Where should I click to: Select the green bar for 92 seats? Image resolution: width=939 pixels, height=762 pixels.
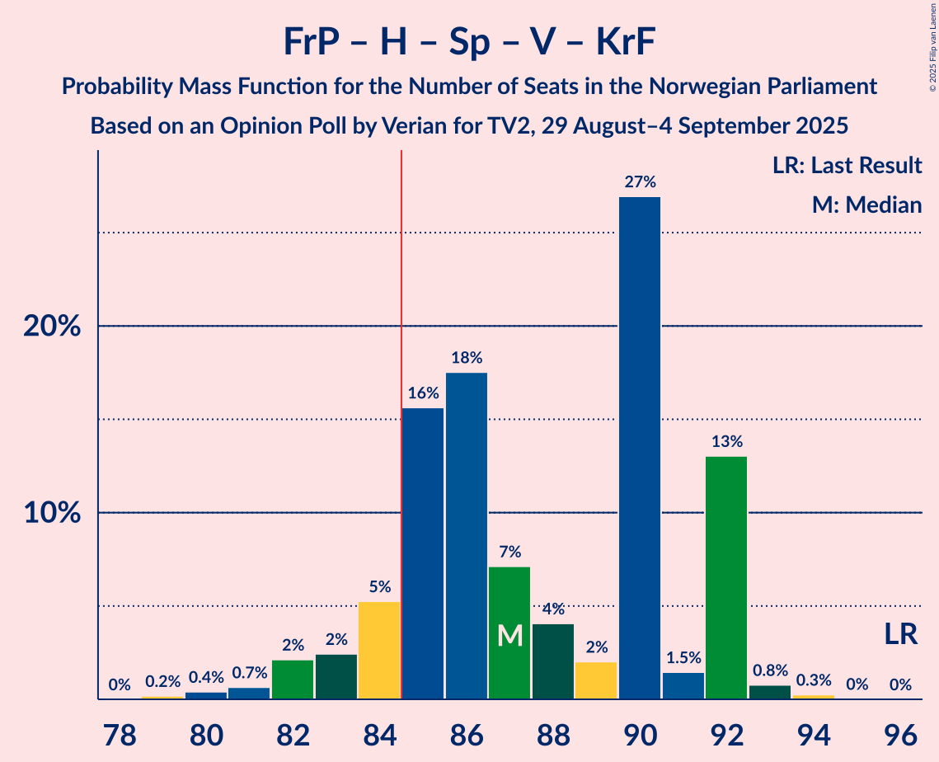(726, 577)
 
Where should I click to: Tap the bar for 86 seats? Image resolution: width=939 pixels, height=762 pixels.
(467, 536)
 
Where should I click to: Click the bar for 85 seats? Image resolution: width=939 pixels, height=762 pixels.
(423, 553)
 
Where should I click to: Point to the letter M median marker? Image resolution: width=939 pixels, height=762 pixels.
(510, 635)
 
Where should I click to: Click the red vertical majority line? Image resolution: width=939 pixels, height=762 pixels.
(401, 412)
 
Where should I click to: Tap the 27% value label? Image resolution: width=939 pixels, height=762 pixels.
(640, 182)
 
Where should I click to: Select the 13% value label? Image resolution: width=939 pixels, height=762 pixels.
(726, 442)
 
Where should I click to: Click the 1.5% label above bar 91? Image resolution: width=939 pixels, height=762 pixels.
(683, 658)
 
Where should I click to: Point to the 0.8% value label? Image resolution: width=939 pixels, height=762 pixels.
(770, 670)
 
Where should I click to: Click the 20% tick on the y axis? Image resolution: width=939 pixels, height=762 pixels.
(52, 327)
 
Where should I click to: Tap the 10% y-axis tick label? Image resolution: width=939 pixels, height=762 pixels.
(52, 513)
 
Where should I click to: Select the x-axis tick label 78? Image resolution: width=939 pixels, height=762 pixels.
(120, 733)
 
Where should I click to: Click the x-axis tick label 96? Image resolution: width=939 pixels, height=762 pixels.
(900, 733)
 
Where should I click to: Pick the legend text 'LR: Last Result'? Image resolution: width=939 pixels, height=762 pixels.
(847, 166)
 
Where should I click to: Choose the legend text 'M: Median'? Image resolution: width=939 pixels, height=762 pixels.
(866, 205)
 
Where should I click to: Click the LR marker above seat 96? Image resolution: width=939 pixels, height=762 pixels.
(900, 634)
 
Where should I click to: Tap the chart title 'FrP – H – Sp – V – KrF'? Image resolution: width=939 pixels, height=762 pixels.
(469, 41)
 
